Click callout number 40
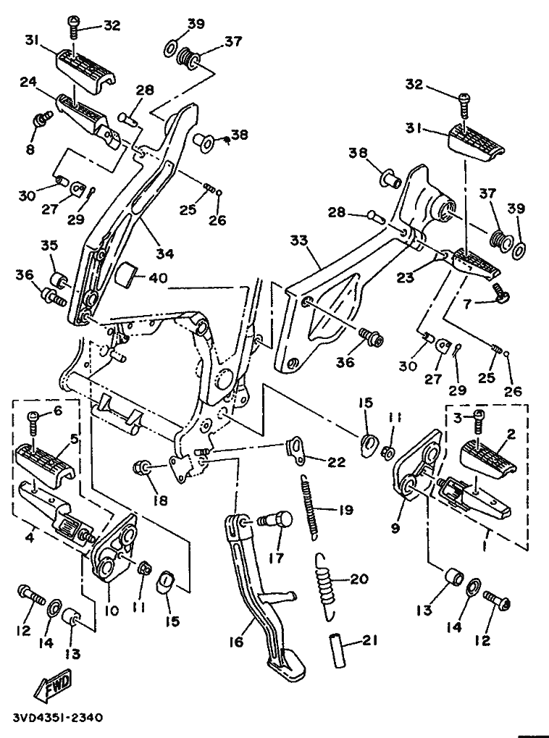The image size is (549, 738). (157, 277)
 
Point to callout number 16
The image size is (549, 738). (236, 641)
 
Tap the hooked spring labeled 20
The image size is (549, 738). (326, 584)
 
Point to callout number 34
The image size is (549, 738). (165, 253)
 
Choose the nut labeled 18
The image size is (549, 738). (142, 468)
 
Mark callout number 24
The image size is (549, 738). (28, 83)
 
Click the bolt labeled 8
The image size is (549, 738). (41, 120)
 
